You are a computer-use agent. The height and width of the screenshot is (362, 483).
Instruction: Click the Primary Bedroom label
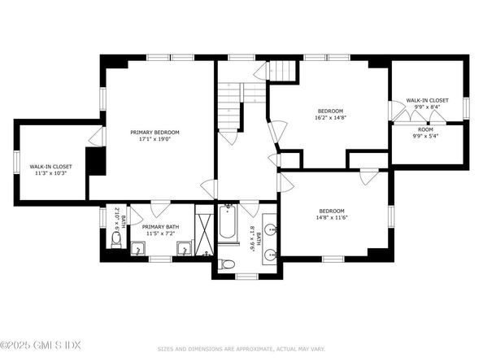pos(154,136)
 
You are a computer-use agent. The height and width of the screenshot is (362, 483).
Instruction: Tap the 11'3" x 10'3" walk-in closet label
pos(51,169)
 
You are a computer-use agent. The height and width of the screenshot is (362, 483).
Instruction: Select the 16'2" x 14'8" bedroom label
pos(330,115)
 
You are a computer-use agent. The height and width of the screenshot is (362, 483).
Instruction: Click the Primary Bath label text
pos(159,230)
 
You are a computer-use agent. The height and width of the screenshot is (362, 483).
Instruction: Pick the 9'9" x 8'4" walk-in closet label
pos(427,102)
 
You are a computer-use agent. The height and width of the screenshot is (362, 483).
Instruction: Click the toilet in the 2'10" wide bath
pos(116,240)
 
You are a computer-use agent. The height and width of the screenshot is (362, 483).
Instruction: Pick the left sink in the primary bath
pos(138,248)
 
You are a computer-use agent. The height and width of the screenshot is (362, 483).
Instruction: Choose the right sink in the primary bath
pos(185,248)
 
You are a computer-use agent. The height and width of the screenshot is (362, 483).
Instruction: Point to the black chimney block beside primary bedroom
pos(96,161)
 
